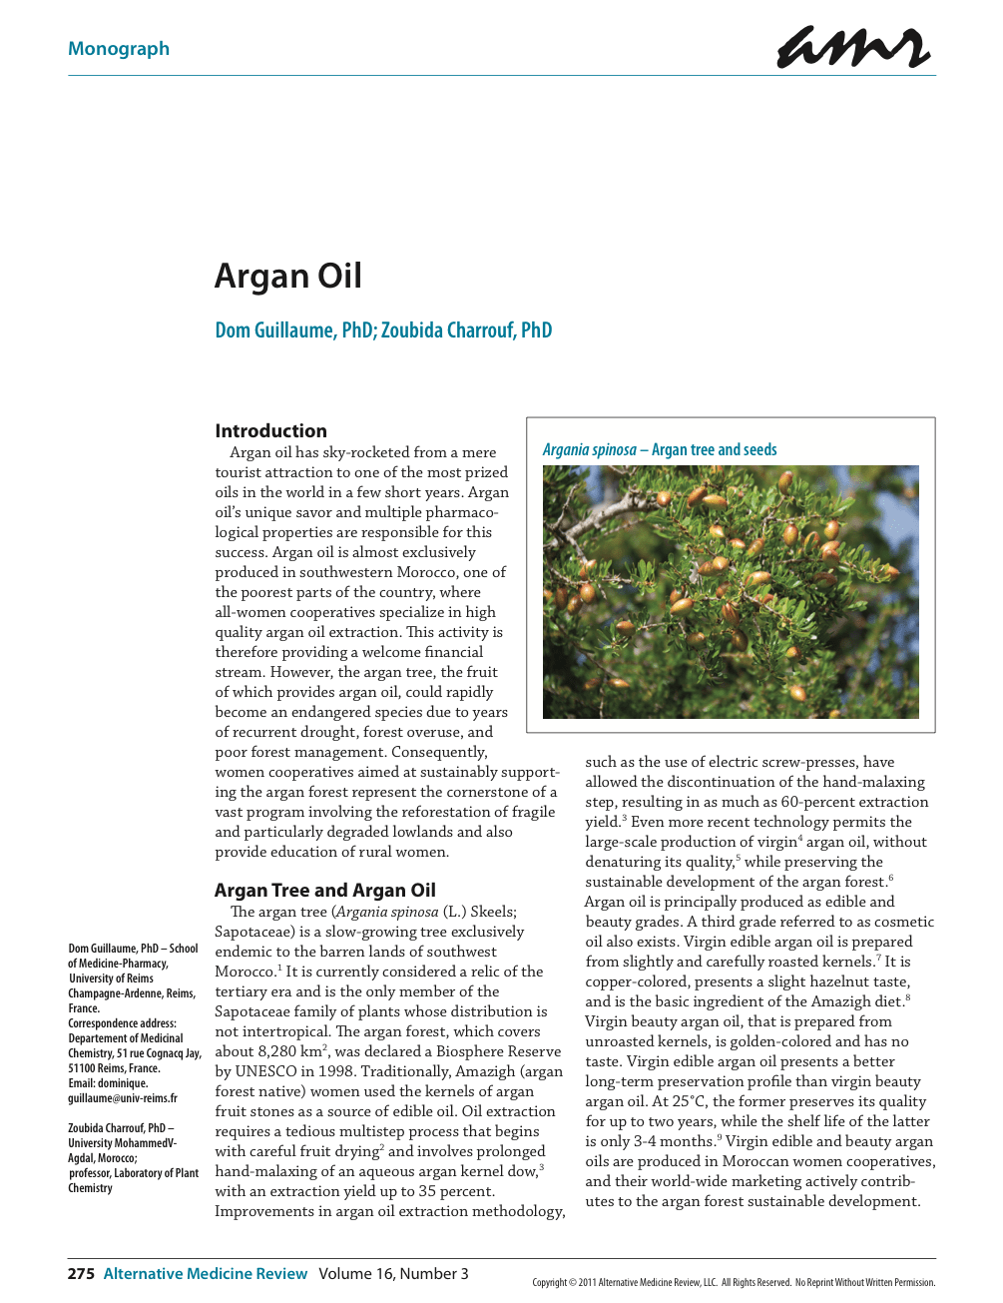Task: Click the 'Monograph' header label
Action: tap(119, 49)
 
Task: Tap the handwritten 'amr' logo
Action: tap(852, 47)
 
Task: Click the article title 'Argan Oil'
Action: tap(288, 276)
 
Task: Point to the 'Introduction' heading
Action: tap(270, 430)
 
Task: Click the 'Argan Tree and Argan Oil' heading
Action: tap(325, 890)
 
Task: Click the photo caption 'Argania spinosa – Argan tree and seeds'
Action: tap(660, 449)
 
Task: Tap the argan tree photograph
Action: tap(731, 591)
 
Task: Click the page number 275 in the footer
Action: tap(81, 1273)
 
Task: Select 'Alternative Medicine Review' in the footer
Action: tap(206, 1273)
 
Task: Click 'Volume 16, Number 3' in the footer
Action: tap(393, 1273)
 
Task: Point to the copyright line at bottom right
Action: tap(734, 1282)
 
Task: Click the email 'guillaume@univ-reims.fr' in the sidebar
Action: tap(123, 1098)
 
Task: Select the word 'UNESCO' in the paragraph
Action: tap(265, 1071)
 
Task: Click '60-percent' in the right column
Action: tap(819, 802)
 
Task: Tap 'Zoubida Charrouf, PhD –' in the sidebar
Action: tap(121, 1128)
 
